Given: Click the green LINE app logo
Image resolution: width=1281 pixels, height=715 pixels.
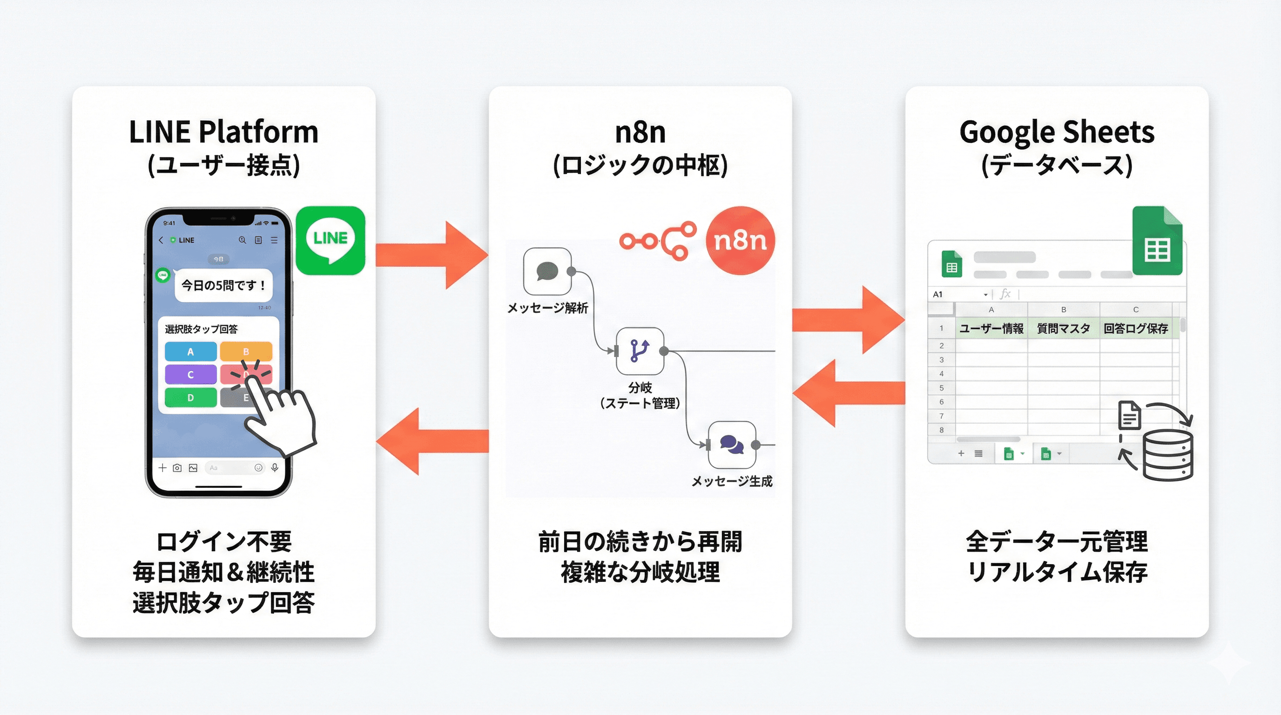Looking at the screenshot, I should (330, 240).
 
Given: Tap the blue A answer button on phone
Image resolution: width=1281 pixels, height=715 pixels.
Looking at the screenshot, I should (190, 351).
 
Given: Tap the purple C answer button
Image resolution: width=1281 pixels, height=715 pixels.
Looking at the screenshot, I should (190, 374).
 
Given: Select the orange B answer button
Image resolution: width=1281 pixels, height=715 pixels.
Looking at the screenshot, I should (246, 351).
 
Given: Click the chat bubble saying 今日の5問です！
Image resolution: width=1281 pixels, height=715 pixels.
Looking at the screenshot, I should (223, 285).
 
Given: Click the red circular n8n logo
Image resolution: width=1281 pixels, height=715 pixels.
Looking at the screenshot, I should (740, 241).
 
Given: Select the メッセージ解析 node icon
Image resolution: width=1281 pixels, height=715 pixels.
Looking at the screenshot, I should (547, 271).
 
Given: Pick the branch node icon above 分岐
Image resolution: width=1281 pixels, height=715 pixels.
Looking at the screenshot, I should (640, 351).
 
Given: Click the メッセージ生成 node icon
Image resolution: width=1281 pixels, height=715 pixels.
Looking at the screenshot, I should (732, 445).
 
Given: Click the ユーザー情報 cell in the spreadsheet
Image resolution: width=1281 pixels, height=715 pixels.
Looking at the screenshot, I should (991, 328).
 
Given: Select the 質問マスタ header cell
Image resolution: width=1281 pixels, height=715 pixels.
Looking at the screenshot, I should (1063, 328).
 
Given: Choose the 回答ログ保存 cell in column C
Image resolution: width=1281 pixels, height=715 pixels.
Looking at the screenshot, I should (1136, 328).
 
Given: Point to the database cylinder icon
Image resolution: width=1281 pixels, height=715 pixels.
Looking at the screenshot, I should (1167, 455).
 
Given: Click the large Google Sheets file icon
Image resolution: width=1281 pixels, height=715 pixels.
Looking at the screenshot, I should (1157, 241).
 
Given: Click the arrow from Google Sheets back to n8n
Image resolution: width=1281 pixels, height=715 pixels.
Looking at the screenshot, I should (849, 393).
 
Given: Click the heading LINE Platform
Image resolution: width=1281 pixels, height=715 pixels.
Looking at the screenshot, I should (223, 132).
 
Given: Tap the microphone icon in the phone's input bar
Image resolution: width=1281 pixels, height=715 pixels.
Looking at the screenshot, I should (275, 467).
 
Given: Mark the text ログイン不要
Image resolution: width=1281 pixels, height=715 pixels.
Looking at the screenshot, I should (223, 541).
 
